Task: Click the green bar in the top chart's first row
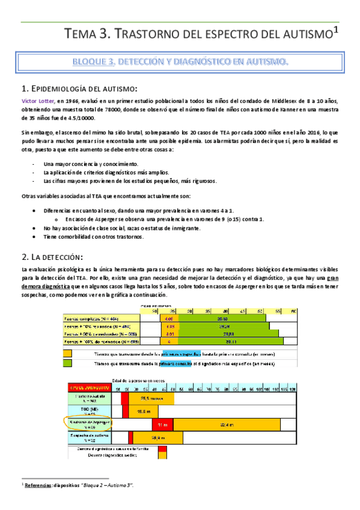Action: (x=223, y=318)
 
